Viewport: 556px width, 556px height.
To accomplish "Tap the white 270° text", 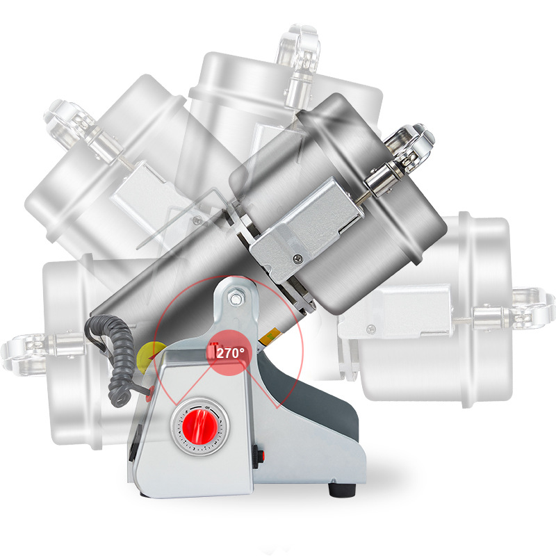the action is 231,353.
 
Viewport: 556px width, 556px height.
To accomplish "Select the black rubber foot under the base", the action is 342,490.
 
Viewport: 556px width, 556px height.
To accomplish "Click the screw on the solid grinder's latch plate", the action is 297,259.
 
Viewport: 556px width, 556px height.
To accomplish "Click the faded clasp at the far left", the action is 26,353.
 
